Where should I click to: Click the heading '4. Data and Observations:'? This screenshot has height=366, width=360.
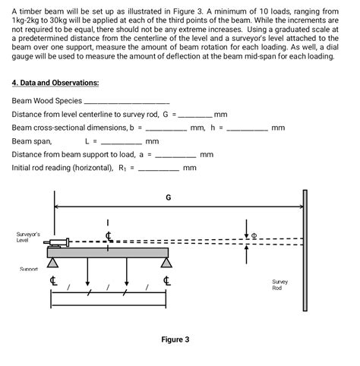point(55,82)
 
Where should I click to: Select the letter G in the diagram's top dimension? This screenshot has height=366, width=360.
point(168,197)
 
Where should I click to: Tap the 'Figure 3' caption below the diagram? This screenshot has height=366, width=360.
point(175,339)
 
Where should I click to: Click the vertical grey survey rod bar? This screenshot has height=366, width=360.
point(305,251)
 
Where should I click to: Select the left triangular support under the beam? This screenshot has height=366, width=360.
point(53,263)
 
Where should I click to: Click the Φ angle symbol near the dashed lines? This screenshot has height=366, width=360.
point(254,235)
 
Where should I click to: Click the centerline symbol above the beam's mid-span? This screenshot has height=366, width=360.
point(109,235)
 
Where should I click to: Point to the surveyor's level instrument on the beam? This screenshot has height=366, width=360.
point(58,243)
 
